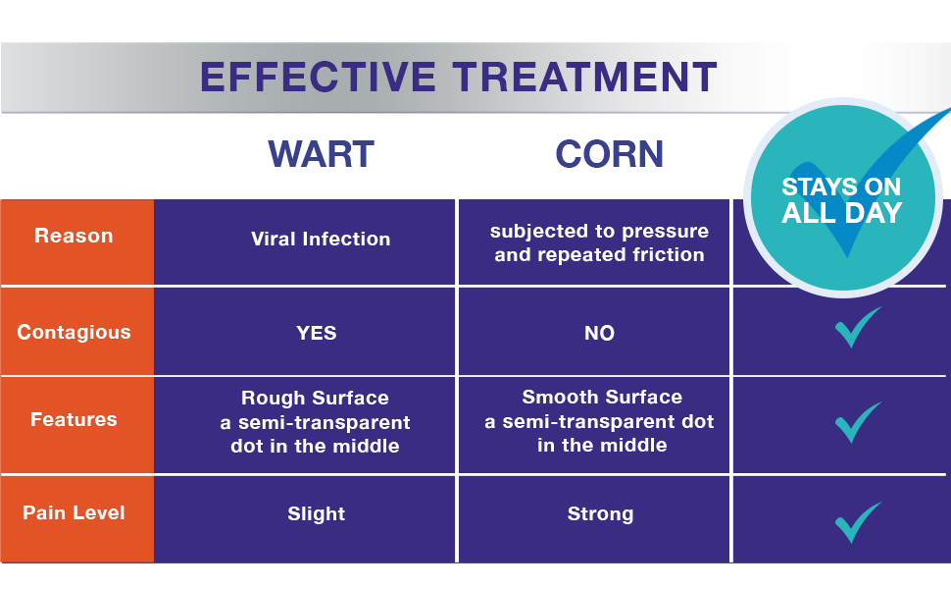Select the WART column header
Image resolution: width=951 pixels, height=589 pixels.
pyautogui.click(x=321, y=154)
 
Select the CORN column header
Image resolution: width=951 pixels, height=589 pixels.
pyautogui.click(x=609, y=154)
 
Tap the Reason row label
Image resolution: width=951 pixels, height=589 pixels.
pyautogui.click(x=74, y=236)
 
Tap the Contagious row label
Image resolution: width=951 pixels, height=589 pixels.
pyautogui.click(x=74, y=332)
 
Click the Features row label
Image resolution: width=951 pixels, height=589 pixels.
pyautogui.click(x=74, y=419)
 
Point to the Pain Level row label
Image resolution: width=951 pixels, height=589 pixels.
pyautogui.click(x=74, y=512)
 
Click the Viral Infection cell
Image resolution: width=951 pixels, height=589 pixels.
pyautogui.click(x=321, y=239)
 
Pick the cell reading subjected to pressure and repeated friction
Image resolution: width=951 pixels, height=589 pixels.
pyautogui.click(x=599, y=243)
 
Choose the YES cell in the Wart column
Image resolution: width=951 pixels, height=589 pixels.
pyautogui.click(x=317, y=333)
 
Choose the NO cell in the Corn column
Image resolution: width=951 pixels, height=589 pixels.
pyautogui.click(x=599, y=333)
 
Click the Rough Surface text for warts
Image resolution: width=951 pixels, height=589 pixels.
pyautogui.click(x=315, y=399)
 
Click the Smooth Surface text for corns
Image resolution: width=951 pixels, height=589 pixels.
pyautogui.click(x=602, y=398)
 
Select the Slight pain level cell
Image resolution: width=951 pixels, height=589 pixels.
pyautogui.click(x=316, y=513)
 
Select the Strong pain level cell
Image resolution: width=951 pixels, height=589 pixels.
pyautogui.click(x=600, y=513)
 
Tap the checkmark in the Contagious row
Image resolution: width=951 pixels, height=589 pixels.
pyautogui.click(x=857, y=329)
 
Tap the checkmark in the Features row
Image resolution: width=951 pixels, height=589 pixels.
pyautogui.click(x=857, y=423)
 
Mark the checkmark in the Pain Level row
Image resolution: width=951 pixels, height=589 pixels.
pyautogui.click(x=857, y=522)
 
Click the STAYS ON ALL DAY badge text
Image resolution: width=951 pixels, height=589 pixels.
pyautogui.click(x=841, y=200)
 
